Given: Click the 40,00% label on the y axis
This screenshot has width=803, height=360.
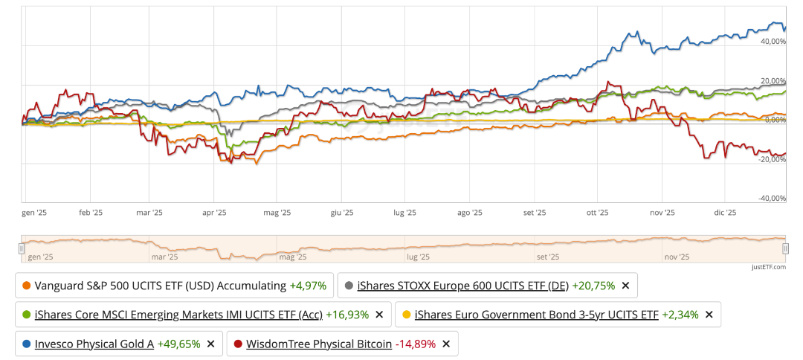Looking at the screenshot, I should tap(773, 42).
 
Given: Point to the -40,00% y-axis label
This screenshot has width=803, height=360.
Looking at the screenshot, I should tap(772, 198).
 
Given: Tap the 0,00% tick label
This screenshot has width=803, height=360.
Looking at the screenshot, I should tap(774, 120).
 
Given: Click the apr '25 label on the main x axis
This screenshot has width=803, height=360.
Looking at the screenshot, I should tap(214, 213).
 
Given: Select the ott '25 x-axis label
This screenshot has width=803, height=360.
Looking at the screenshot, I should tap(598, 213).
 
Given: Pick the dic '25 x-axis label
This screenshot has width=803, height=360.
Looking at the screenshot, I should tap(724, 213).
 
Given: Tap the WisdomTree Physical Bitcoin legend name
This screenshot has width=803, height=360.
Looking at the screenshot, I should tap(318, 344).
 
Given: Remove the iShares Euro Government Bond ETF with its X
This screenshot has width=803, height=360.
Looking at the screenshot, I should tap(709, 315).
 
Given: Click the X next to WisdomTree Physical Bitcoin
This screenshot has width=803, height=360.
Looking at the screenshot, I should tap(445, 344).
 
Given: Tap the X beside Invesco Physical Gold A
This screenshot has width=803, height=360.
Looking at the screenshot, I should tap(210, 344).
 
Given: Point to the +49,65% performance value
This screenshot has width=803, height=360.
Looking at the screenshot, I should tap(178, 344).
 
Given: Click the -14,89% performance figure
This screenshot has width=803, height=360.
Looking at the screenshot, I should tap(416, 344).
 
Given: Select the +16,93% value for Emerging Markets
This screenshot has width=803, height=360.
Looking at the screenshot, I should tap(347, 315).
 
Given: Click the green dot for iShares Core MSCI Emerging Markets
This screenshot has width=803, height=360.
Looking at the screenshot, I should tap(27, 315).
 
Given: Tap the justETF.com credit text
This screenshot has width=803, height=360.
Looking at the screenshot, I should tap(768, 266).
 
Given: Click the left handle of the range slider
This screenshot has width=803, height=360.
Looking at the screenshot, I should tap(22, 248).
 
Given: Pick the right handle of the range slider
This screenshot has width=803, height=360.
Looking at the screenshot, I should tap(785, 248).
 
